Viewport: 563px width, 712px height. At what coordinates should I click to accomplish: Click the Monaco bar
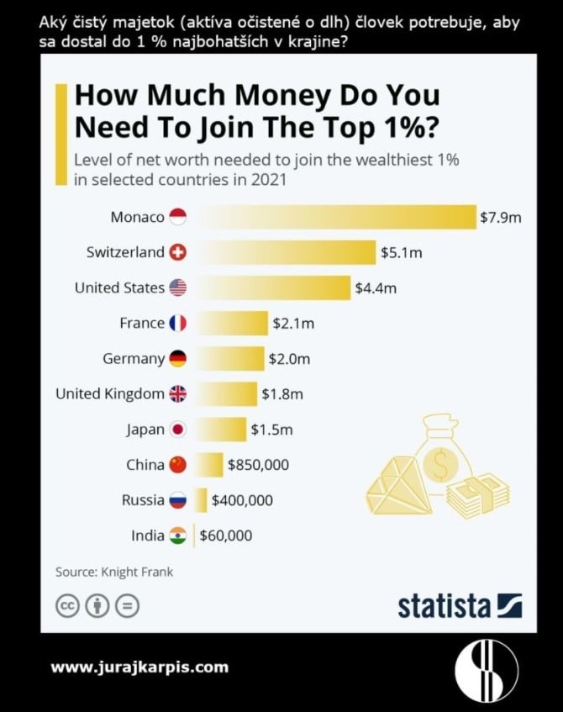point(336,217)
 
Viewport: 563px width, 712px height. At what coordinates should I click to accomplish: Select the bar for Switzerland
point(286,252)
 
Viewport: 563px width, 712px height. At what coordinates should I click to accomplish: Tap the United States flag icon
point(177,287)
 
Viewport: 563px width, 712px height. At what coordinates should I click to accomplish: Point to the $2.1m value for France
point(292,323)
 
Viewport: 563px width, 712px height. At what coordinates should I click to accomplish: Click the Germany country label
point(134,358)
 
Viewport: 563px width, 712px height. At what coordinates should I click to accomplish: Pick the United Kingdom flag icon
point(177,393)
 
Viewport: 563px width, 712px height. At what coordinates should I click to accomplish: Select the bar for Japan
point(221,429)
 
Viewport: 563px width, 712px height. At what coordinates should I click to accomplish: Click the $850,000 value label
point(259,464)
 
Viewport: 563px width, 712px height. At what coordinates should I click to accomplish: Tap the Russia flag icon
point(177,499)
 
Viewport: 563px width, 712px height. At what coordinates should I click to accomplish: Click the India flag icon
point(177,535)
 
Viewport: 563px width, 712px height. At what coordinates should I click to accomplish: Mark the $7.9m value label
point(500,217)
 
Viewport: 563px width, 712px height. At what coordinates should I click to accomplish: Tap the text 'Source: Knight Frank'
point(114,572)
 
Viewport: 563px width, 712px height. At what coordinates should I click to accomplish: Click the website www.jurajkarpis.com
point(139,667)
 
